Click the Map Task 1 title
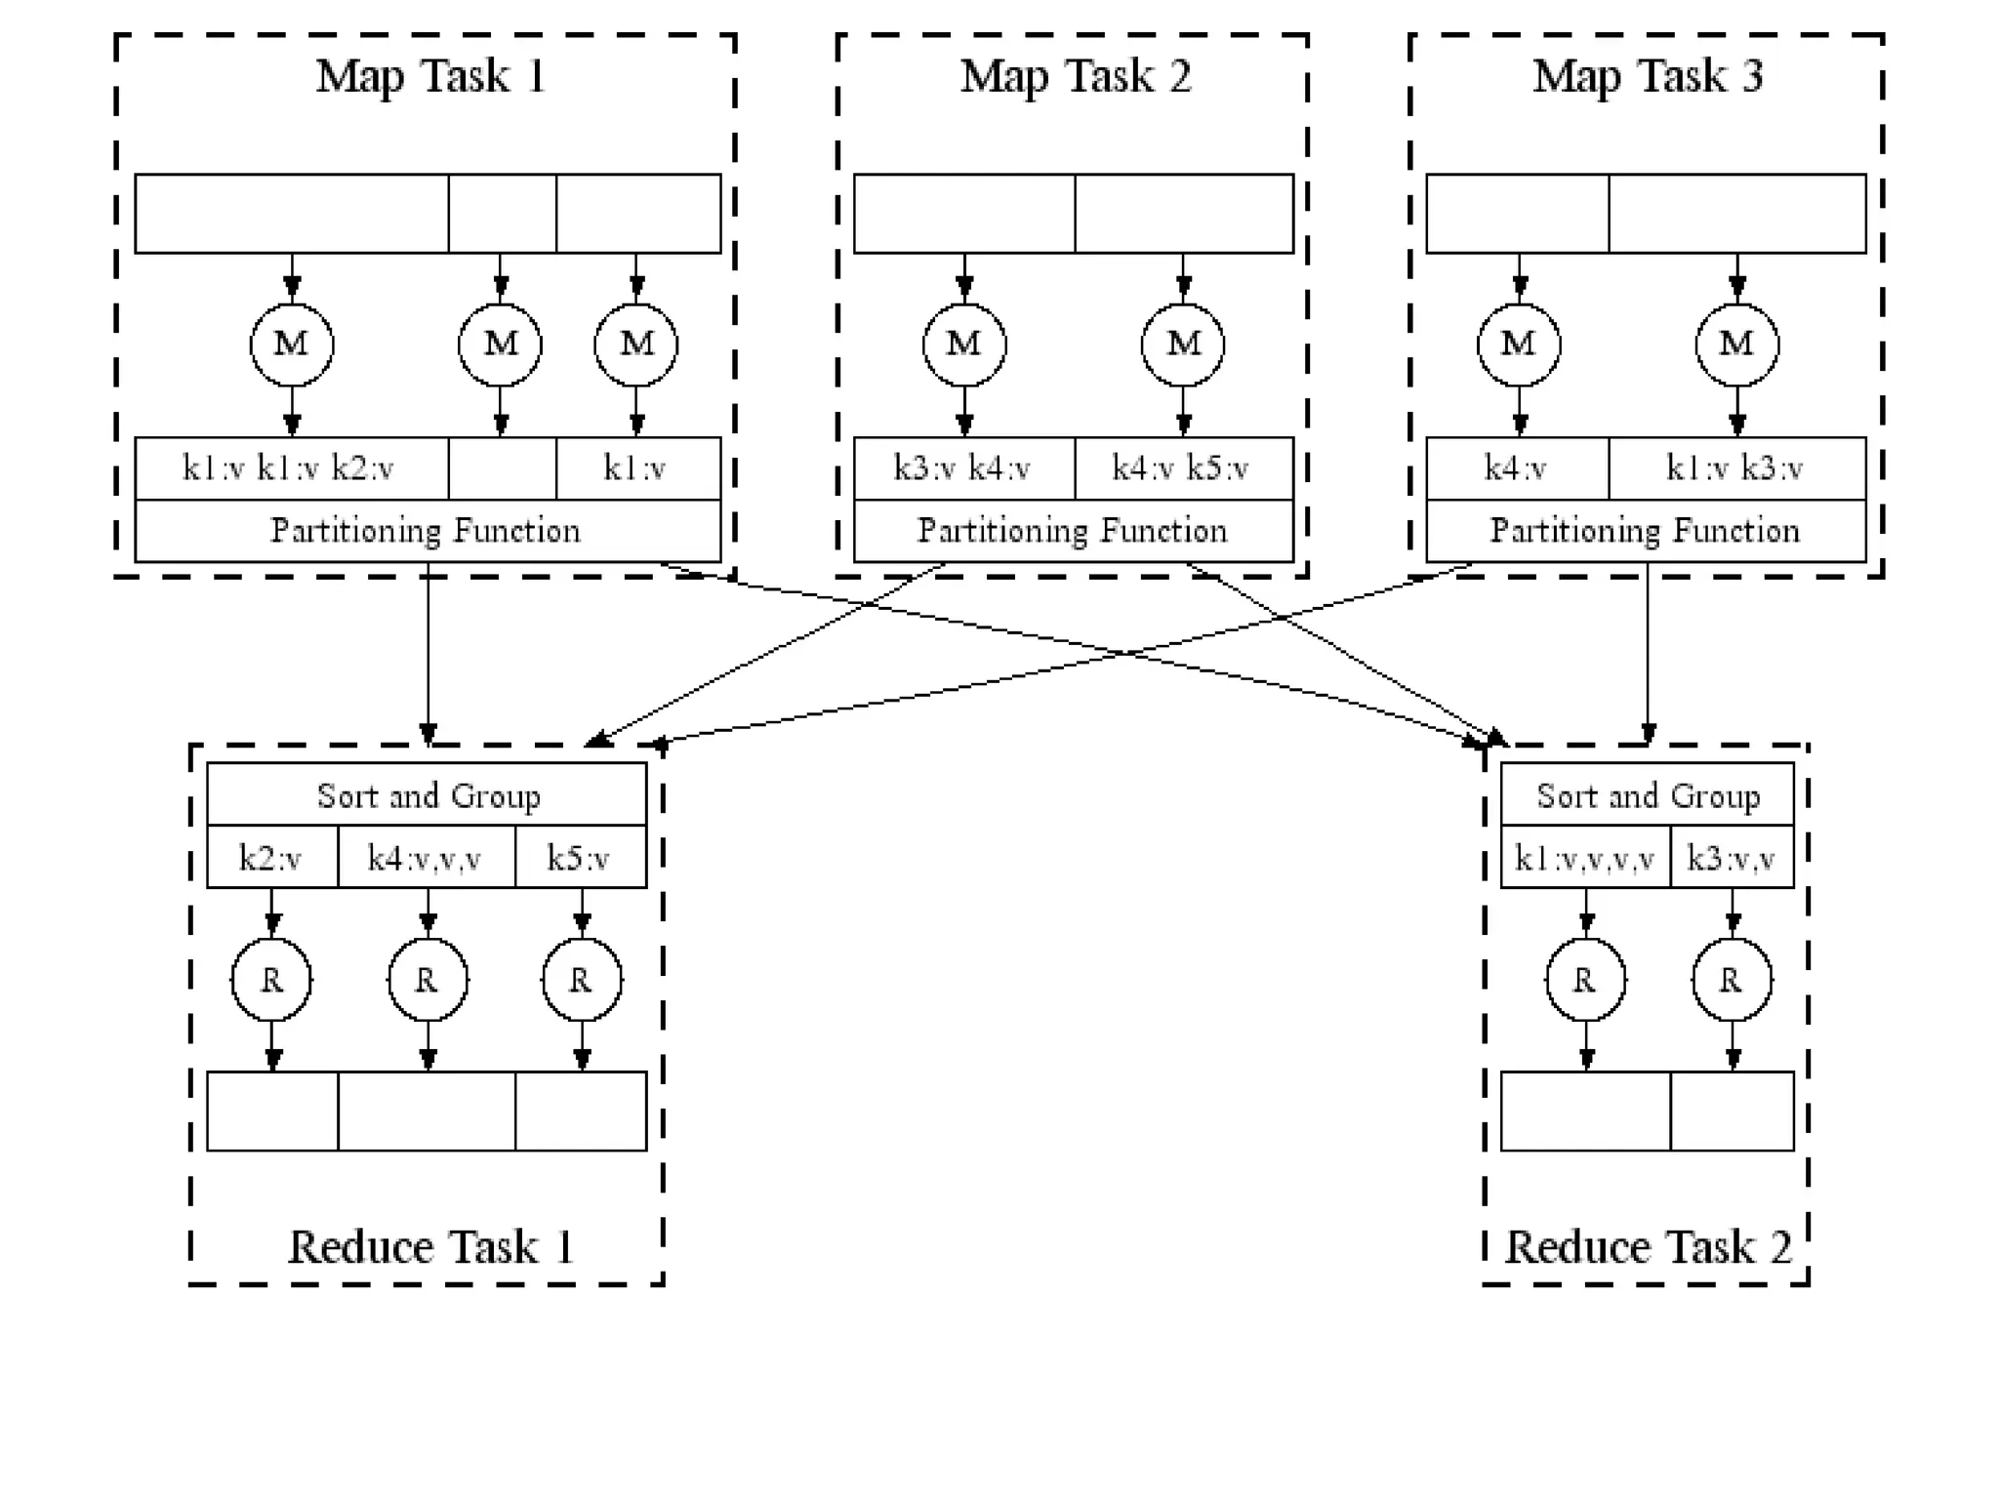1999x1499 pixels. [430, 76]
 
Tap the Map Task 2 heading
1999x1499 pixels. [1076, 76]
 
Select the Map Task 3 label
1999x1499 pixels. [1648, 76]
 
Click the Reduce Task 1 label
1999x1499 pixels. [430, 1247]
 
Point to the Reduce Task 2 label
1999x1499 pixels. [1649, 1247]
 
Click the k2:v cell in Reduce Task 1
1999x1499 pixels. [272, 857]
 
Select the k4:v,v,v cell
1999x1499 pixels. [427, 857]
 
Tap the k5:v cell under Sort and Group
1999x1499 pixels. [581, 857]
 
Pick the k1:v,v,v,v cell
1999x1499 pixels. [1585, 857]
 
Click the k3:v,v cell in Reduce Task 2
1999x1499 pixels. [1733, 857]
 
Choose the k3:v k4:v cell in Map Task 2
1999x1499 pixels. [964, 468]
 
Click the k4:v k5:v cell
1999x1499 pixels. [1184, 468]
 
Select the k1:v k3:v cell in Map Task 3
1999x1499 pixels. [1737, 468]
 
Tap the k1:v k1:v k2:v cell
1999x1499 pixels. [292, 468]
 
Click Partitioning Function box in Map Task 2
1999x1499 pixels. [1074, 531]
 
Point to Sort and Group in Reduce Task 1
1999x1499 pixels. [427, 794]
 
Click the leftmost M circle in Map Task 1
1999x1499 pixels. [292, 344]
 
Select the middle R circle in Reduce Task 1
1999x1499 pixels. [428, 980]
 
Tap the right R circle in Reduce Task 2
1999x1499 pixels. [1733, 980]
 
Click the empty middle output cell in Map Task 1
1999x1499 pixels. [503, 468]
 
